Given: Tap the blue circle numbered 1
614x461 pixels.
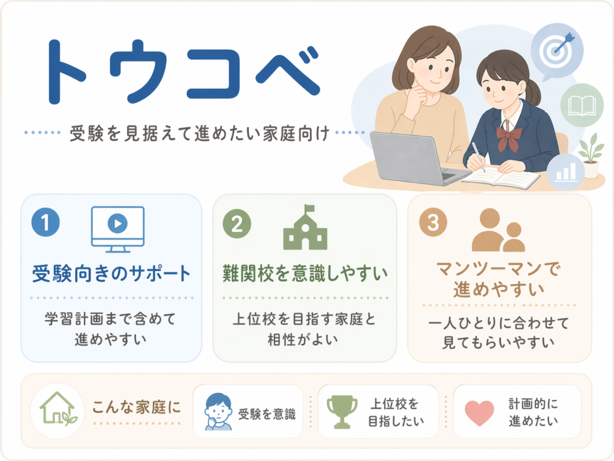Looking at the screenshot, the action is (46, 222).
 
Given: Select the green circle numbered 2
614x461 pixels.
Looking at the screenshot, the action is (237, 224).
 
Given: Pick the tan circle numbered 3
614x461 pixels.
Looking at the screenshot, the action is (433, 222).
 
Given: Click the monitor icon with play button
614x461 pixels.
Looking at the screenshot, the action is (118, 229).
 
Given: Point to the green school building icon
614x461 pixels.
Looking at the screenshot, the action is (305, 227).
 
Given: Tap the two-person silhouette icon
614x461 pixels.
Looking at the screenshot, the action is (498, 230).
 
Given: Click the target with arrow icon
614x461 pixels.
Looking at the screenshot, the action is (557, 50).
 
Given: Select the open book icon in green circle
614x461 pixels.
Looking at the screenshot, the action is (582, 106).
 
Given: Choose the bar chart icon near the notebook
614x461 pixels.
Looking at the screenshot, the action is (567, 172).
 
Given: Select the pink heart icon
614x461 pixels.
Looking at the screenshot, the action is (479, 413).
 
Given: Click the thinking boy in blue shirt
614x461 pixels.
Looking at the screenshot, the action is (218, 411).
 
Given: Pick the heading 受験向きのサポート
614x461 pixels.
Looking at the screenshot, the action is (112, 274).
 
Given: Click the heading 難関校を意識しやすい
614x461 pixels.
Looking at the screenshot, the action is (305, 273).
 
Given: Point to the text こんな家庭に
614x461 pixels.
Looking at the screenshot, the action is (137, 408).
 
